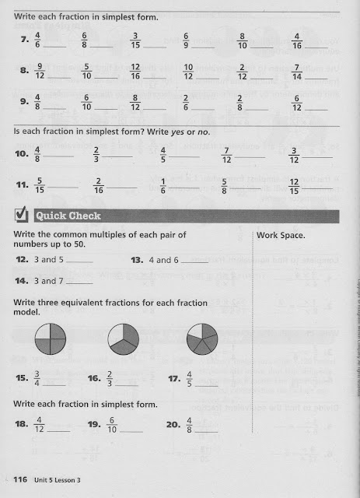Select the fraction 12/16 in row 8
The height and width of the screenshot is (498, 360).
coord(135,72)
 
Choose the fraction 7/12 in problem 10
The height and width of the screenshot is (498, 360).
coord(225,156)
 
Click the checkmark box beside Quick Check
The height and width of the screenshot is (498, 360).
coord(22,216)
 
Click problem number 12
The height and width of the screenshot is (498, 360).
coord(22,260)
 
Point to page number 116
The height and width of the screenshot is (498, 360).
coord(19,479)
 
